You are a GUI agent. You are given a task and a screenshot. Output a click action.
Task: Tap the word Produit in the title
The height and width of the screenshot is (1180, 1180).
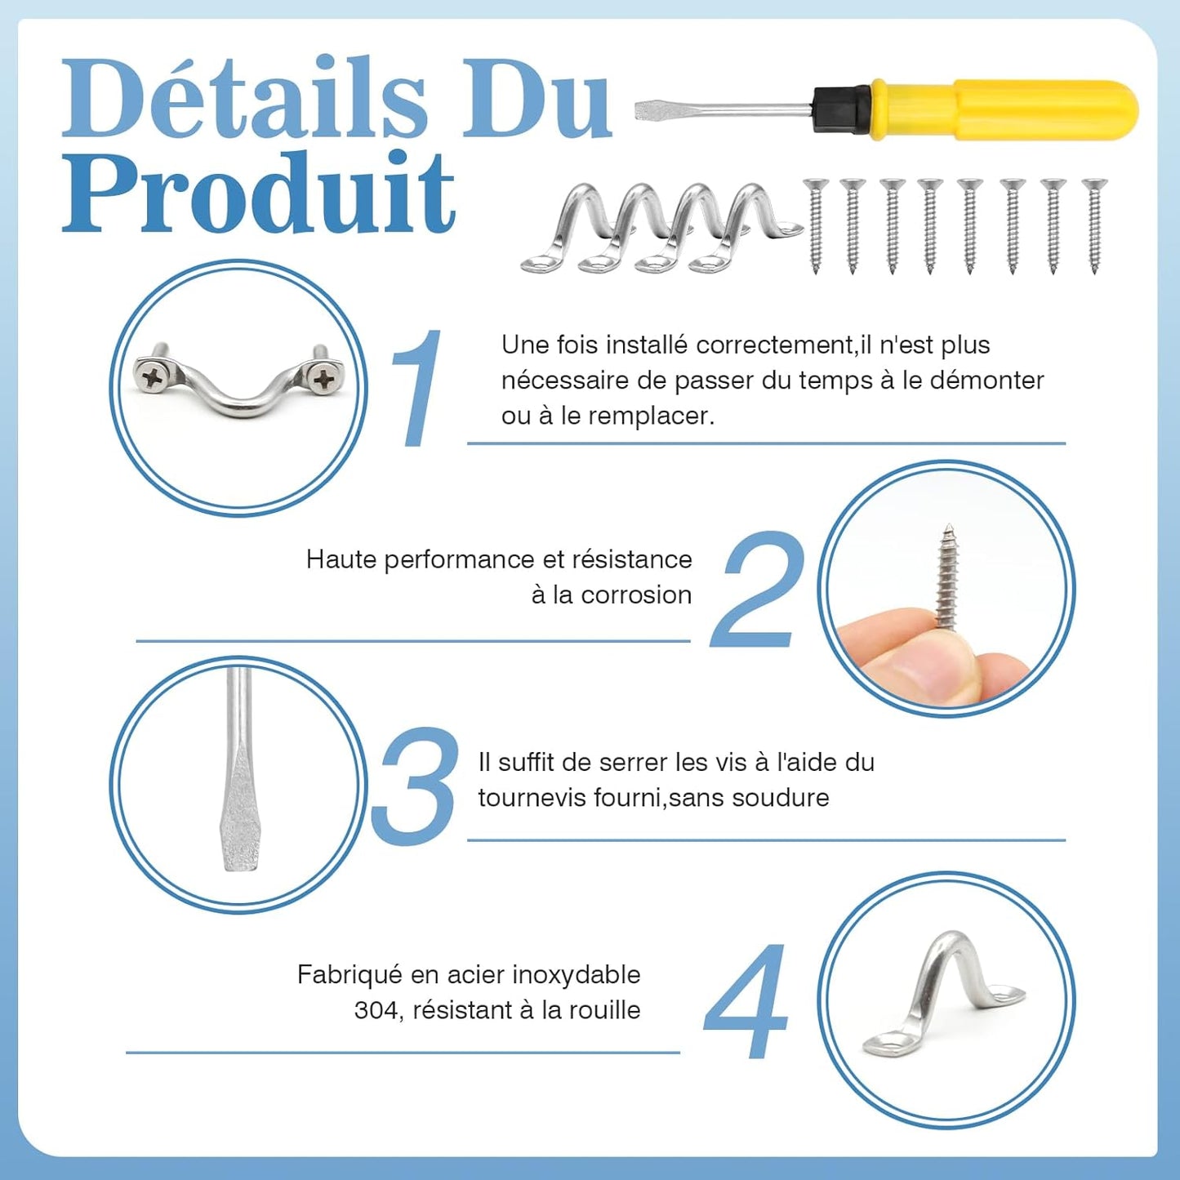click(258, 191)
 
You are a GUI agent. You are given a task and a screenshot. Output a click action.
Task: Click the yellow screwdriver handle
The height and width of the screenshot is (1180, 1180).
click(1004, 109)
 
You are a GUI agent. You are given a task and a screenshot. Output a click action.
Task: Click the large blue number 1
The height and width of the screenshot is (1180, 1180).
click(415, 388)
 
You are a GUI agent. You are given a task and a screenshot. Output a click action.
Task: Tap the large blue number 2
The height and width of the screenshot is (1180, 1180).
click(756, 589)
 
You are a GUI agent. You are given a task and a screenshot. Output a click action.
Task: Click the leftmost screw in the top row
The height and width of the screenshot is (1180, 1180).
click(816, 225)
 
